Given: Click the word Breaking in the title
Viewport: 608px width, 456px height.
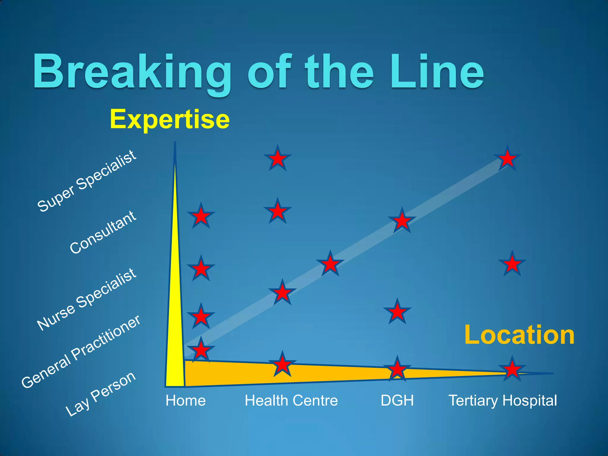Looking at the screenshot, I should point(132,73).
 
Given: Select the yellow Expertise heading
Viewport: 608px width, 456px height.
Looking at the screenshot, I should point(170,120).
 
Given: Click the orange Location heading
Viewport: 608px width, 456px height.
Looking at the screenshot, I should point(519,335).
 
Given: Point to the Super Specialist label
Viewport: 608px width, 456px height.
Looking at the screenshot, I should point(87,181).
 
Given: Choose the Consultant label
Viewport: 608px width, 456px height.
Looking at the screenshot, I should point(103,232).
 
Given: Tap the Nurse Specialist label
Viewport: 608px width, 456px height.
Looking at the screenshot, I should point(87,299).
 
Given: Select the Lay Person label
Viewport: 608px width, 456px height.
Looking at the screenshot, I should point(100,394).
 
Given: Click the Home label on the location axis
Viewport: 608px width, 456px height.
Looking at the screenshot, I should point(186,400).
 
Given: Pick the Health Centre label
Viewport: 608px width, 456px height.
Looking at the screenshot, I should point(291,400).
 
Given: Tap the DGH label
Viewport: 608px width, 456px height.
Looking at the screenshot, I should point(397,400).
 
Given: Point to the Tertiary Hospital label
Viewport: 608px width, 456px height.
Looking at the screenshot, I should point(503,400).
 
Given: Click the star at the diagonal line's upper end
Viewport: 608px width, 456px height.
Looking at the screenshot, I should point(507,159).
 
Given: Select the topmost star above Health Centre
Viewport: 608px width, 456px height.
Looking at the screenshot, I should point(278,159).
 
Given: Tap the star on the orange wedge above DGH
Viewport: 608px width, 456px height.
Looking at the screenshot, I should point(397,369).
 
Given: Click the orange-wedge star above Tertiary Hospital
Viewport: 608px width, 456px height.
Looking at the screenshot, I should point(512,370).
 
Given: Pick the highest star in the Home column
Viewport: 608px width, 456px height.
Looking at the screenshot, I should point(201,216).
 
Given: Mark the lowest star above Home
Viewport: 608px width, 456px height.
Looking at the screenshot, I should point(201,350).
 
